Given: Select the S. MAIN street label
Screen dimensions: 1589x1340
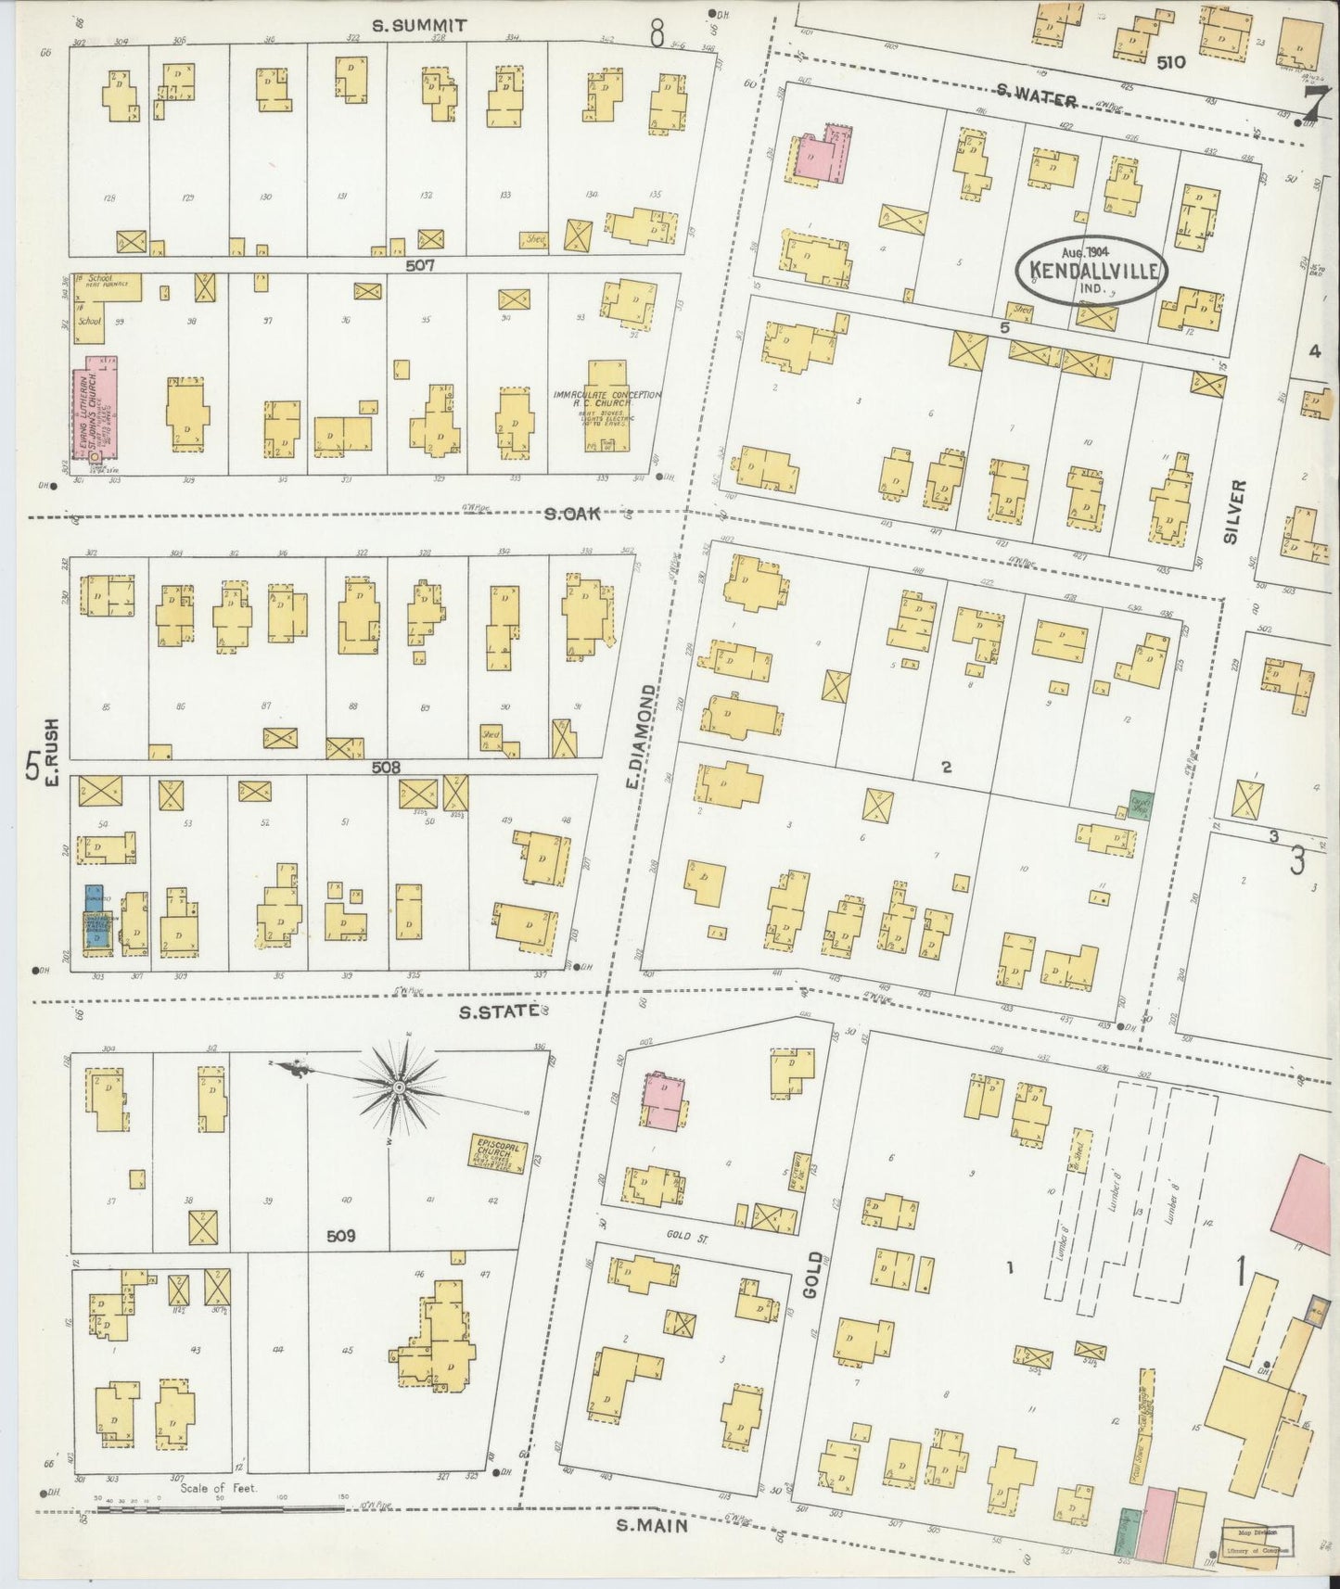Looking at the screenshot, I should point(653,1524).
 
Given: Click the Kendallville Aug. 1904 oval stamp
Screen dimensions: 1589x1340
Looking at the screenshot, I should point(1091,270).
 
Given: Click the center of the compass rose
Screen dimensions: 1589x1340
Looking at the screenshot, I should point(399,1086).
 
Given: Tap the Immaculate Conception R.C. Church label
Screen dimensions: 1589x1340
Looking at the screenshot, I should point(606,400).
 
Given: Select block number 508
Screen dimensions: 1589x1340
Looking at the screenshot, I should point(386,767).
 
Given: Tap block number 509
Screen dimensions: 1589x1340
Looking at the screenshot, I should point(341,1236).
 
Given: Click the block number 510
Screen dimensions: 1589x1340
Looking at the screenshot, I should point(1170,62).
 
